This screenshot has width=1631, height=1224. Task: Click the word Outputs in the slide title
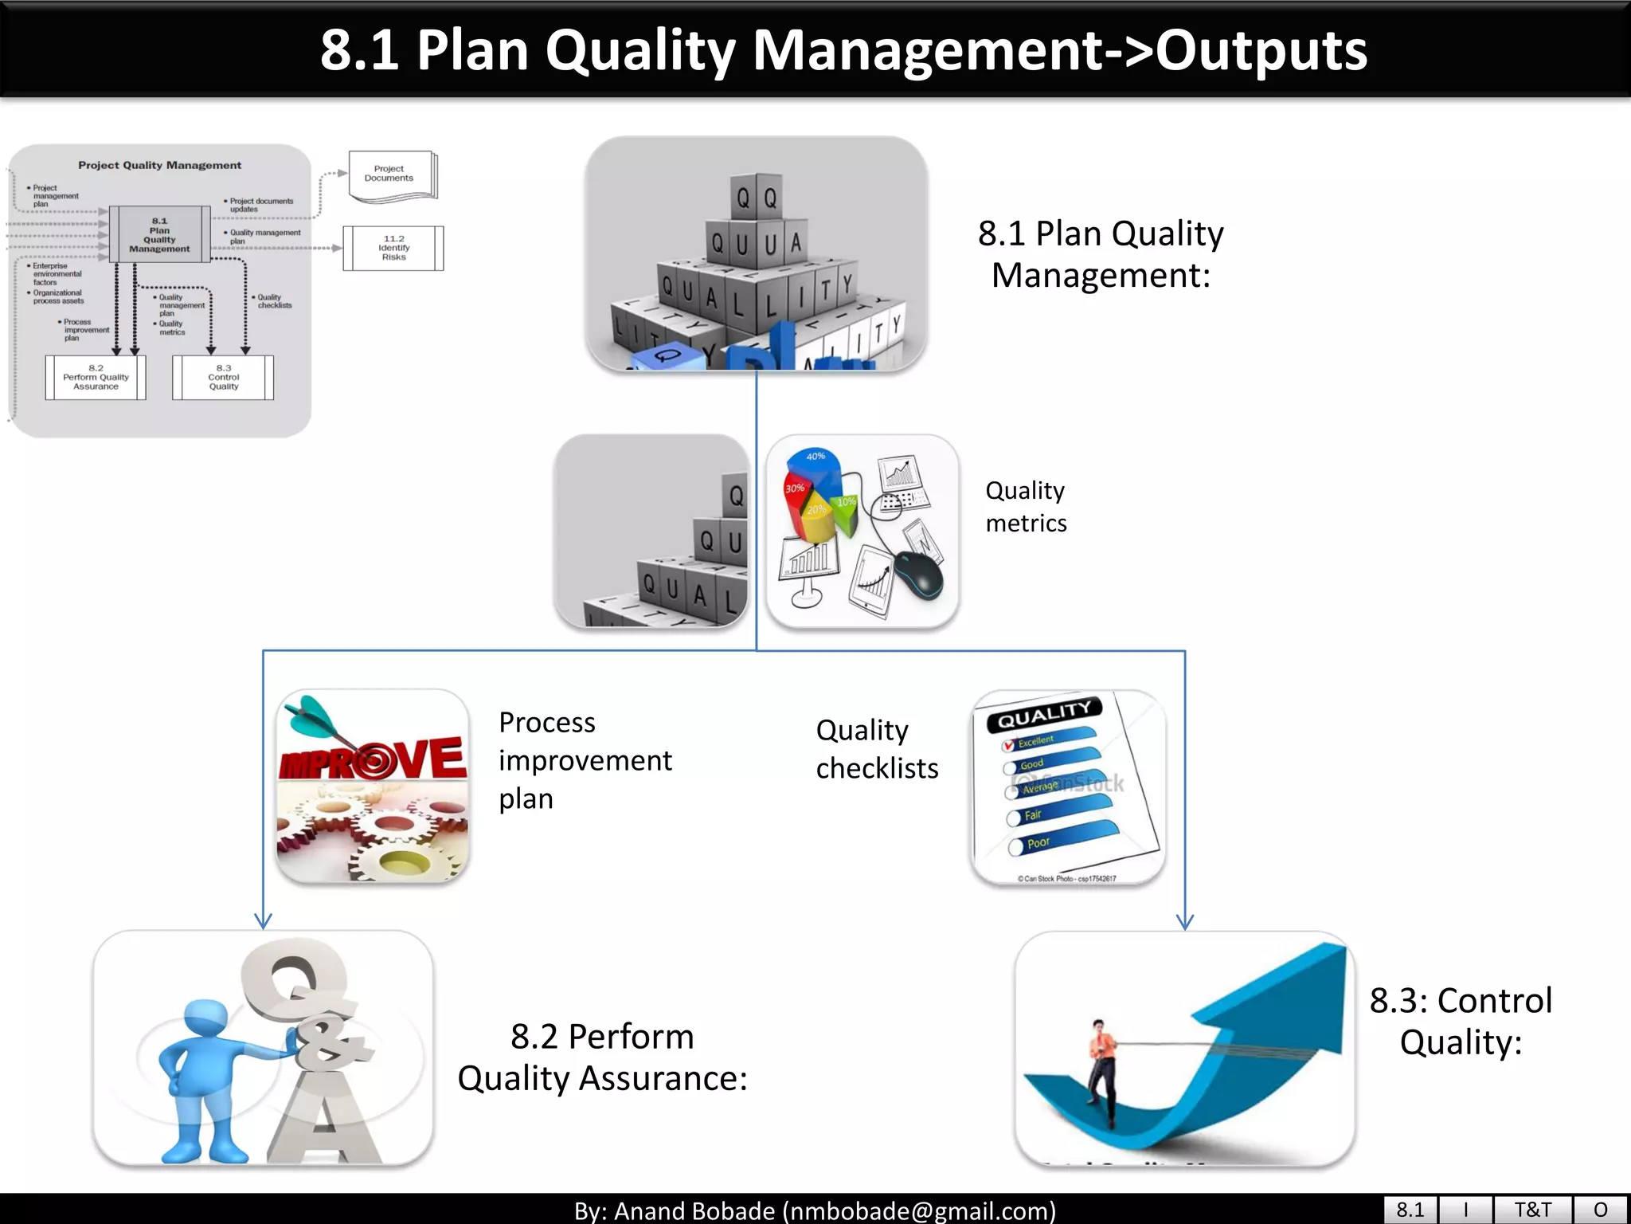pos(1261,51)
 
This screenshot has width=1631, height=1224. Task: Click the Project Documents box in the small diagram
pos(390,175)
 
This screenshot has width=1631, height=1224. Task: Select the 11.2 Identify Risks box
pos(393,248)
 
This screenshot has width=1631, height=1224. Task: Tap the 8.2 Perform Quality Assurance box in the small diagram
pos(96,377)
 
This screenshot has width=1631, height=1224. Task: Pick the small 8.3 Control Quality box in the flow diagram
pos(223,377)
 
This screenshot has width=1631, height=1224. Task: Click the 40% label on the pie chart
pos(815,457)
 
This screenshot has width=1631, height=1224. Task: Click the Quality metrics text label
pos(1026,506)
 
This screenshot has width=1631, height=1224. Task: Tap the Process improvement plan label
pos(585,759)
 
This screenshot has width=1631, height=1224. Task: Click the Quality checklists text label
pos(877,748)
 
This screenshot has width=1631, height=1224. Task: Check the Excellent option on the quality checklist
pos(1009,745)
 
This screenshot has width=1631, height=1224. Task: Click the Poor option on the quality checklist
pos(1016,846)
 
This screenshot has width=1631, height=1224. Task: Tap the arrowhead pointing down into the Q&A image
pos(263,921)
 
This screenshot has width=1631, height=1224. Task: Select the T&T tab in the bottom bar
pos(1532,1210)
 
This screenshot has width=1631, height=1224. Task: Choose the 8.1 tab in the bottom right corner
pos(1410,1210)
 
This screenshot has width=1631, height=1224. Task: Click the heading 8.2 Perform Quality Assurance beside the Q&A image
pos(602,1057)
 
